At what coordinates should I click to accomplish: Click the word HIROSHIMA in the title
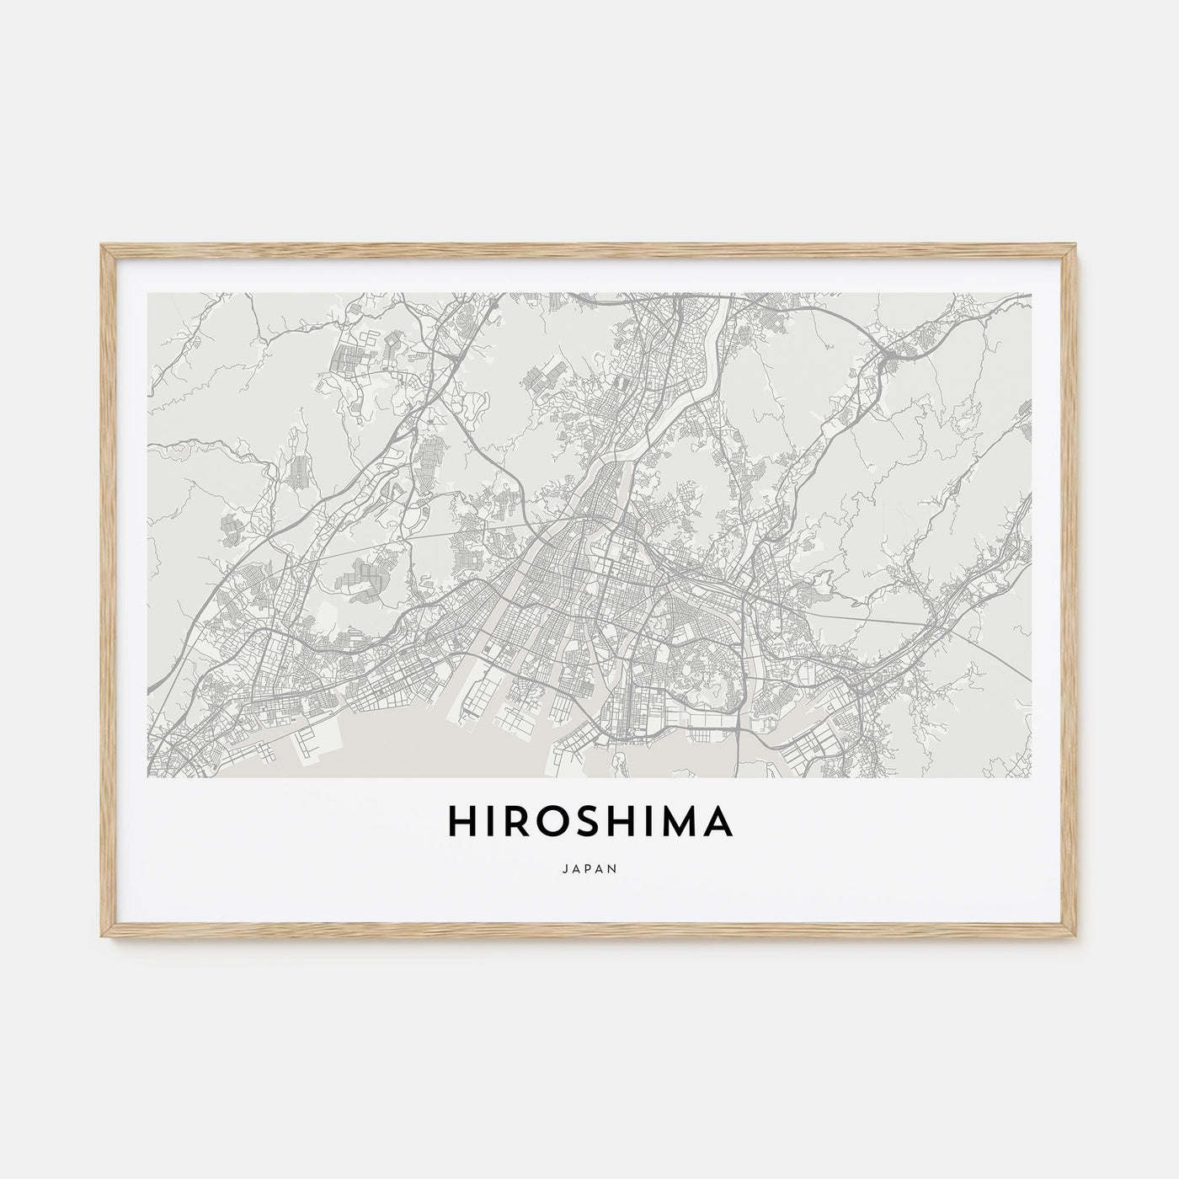coord(589,822)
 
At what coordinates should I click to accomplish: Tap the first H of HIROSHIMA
coord(461,822)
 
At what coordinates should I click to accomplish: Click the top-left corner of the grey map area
coord(148,294)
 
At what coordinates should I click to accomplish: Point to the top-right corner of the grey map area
coord(1032,294)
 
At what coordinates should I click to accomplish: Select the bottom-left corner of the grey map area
coord(148,776)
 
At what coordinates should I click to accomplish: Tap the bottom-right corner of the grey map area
coord(1032,776)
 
